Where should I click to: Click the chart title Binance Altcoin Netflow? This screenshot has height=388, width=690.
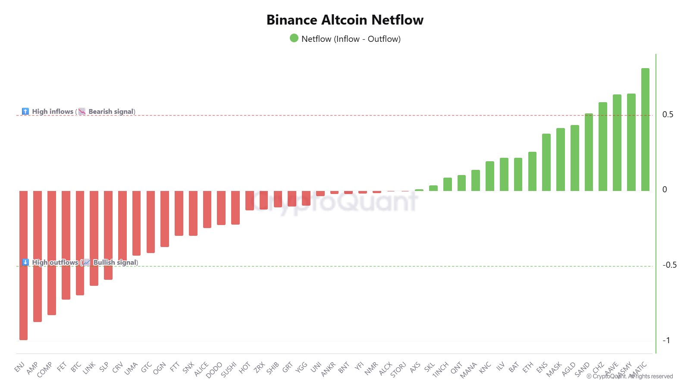[x=345, y=20]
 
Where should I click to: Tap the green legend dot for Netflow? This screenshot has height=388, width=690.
[x=294, y=38]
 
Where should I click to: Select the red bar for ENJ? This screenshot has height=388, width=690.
[x=23, y=265]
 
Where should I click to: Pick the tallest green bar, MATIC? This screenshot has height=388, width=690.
[x=645, y=129]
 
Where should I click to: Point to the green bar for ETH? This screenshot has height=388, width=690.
[x=532, y=171]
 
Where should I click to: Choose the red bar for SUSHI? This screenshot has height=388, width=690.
[x=235, y=207]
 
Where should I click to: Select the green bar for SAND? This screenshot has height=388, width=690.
[x=589, y=152]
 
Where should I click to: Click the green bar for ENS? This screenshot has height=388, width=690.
[x=546, y=162]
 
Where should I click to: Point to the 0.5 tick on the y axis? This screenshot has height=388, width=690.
[x=668, y=115]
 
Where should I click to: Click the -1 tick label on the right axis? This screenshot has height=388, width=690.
[x=666, y=341]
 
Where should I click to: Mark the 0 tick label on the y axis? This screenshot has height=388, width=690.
[x=665, y=190]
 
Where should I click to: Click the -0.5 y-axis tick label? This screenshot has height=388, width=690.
[x=669, y=265]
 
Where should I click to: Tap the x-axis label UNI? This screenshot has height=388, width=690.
[x=316, y=367]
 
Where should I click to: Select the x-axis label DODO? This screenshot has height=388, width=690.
[x=214, y=370]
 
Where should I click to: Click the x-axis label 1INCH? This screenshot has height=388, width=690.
[x=441, y=369]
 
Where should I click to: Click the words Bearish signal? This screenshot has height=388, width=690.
[x=111, y=112]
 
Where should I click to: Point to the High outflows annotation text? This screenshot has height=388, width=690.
[x=55, y=262]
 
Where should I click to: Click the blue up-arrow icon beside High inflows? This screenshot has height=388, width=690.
[x=25, y=111]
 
